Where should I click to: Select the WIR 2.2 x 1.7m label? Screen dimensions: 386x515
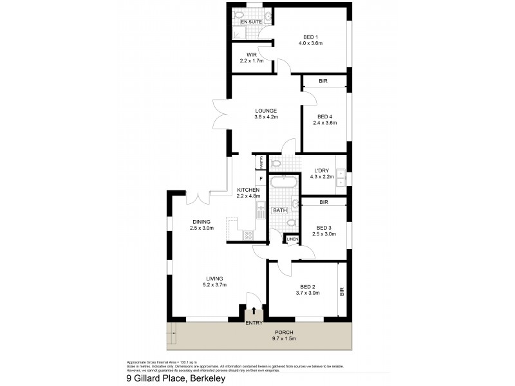252,58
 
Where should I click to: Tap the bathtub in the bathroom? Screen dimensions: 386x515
283,183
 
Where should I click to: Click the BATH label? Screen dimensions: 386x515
279,210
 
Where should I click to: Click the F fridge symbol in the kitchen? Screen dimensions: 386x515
260,178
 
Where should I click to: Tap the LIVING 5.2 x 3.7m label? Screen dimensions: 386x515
215,281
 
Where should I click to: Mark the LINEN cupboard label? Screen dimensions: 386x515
292,240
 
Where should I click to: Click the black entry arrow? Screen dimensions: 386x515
254,311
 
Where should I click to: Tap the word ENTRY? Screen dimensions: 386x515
254,323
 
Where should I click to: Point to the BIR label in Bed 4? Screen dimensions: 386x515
323,82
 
